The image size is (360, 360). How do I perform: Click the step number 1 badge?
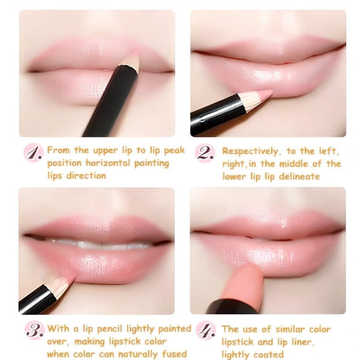(33, 152)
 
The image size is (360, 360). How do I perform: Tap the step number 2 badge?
(204, 152)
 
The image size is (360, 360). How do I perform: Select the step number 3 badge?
(34, 330)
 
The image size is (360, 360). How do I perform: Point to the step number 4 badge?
(204, 330)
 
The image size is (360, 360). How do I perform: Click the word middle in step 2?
(287, 163)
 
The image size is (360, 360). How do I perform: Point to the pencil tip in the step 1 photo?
(131, 61)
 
